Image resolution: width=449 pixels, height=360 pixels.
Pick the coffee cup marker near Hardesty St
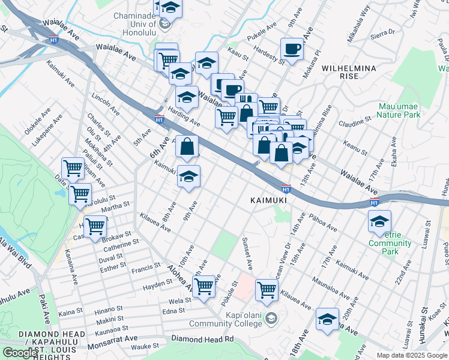pyautogui.click(x=292, y=49)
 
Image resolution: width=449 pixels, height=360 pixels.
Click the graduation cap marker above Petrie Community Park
pyautogui.click(x=379, y=221)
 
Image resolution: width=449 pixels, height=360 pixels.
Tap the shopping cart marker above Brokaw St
pyautogui.click(x=95, y=227)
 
